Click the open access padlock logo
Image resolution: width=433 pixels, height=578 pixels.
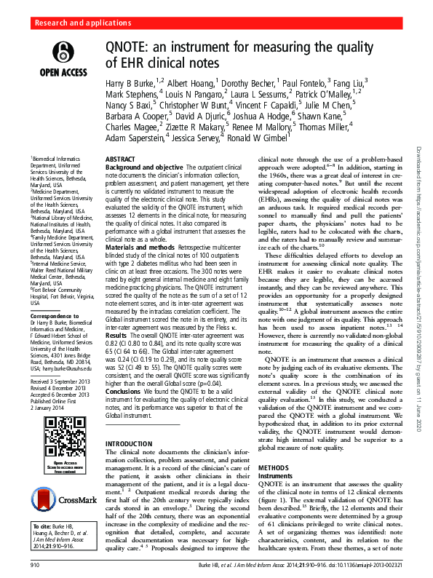click(x=64, y=55)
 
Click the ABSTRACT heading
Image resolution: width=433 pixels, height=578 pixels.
click(x=120, y=158)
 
